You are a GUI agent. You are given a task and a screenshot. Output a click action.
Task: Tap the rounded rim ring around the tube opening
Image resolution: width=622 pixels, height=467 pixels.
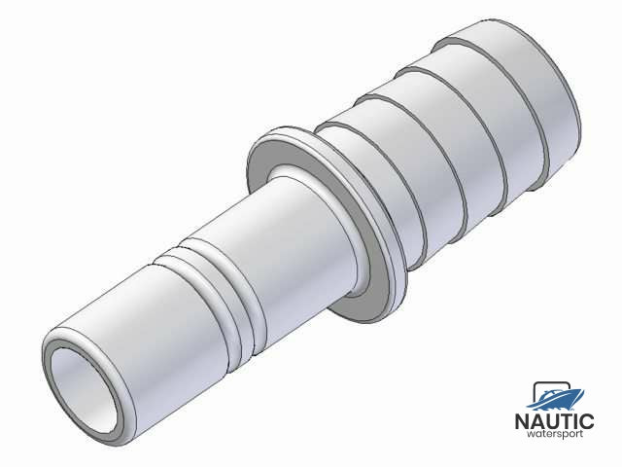[x=58, y=349]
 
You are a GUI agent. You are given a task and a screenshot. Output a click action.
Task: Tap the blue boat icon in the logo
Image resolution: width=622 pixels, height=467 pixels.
[x=557, y=397]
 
